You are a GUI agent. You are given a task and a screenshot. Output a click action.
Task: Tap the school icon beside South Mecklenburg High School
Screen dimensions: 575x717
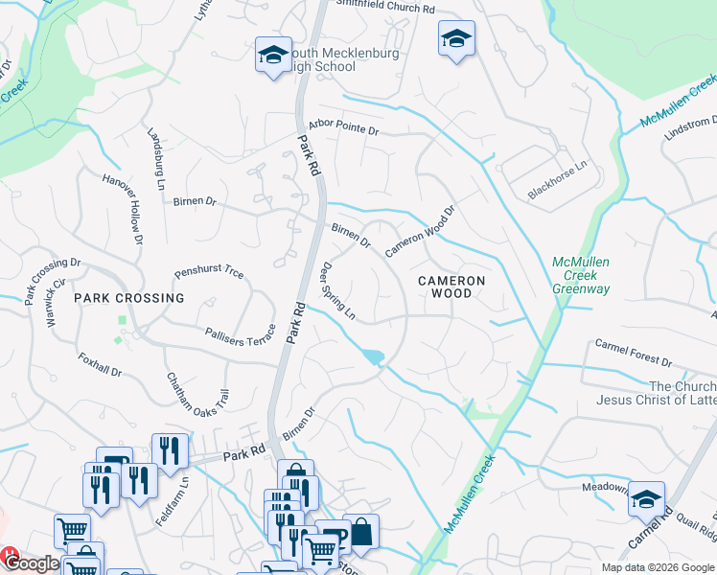[x=273, y=55]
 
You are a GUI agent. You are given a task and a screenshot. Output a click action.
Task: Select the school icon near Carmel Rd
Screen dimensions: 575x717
[x=647, y=499]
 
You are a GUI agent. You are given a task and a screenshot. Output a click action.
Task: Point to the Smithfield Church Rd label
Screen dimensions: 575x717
[x=385, y=8]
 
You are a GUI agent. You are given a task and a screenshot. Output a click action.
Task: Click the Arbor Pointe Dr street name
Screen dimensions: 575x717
[x=344, y=127]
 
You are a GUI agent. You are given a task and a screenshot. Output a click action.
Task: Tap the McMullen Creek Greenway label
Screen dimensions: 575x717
[x=581, y=274]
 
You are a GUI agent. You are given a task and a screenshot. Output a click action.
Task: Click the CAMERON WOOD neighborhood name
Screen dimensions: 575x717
[x=451, y=287]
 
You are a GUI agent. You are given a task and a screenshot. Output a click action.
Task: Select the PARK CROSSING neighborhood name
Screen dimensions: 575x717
[x=129, y=298]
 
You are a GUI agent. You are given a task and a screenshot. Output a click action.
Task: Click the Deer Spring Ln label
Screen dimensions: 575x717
[x=338, y=291]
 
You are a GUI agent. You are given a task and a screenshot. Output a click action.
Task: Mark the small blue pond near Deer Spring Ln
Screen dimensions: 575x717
[x=373, y=357]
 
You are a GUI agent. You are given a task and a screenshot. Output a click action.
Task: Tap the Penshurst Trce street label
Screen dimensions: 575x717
[x=209, y=272]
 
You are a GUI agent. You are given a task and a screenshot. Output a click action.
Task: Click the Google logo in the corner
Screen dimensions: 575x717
[x=32, y=563]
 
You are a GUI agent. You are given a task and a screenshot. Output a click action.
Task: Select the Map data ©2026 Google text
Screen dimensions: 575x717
[x=657, y=567]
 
